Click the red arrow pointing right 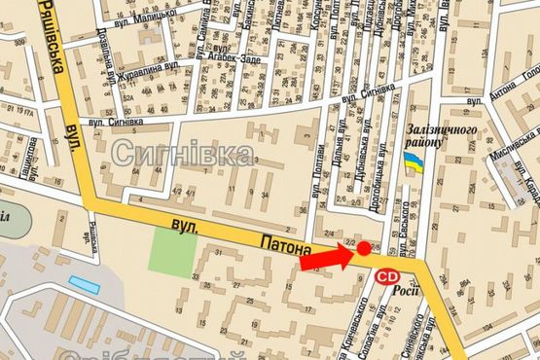(322, 258)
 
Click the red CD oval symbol (386, 276)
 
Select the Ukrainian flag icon (414, 163)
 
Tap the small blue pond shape (84, 284)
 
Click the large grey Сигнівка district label (183, 151)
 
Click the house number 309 (18, 44)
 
